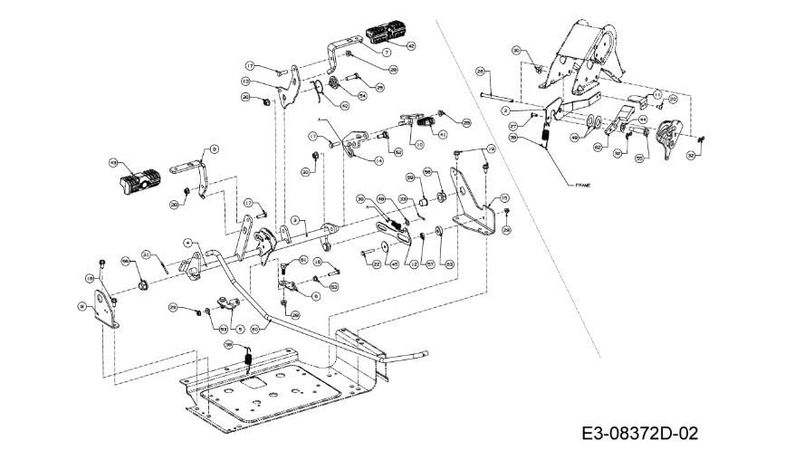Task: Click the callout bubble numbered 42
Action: [x=410, y=45]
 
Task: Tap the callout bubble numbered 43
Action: [x=113, y=163]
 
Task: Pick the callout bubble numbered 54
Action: [x=362, y=95]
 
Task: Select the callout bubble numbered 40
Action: [x=345, y=105]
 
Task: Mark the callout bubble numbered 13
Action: [x=245, y=81]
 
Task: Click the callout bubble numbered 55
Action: [x=639, y=158]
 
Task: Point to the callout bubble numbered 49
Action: [x=574, y=137]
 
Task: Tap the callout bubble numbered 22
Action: [x=376, y=264]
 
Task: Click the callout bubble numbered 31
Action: [x=145, y=256]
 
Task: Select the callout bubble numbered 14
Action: [x=378, y=160]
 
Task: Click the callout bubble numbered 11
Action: [x=657, y=94]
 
